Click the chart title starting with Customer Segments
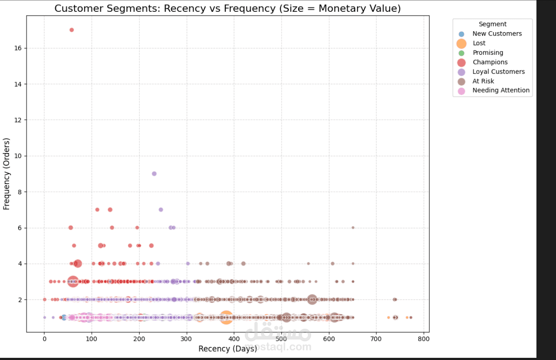pyautogui.click(x=227, y=9)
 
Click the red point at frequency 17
pyautogui.click(x=72, y=30)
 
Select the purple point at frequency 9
pyautogui.click(x=154, y=173)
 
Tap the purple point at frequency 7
pyautogui.click(x=161, y=210)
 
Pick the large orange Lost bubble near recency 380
pyautogui.click(x=226, y=317)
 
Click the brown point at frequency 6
pyautogui.click(x=353, y=227)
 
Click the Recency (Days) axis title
pyautogui.click(x=227, y=349)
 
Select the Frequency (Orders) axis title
pyautogui.click(x=7, y=174)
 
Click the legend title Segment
pyautogui.click(x=493, y=24)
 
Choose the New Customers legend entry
pyautogui.click(x=497, y=33)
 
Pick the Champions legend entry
pyautogui.click(x=490, y=62)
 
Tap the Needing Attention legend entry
pyautogui.click(x=501, y=90)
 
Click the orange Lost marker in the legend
pyautogui.click(x=461, y=43)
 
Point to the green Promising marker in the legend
pyautogui.click(x=461, y=53)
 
